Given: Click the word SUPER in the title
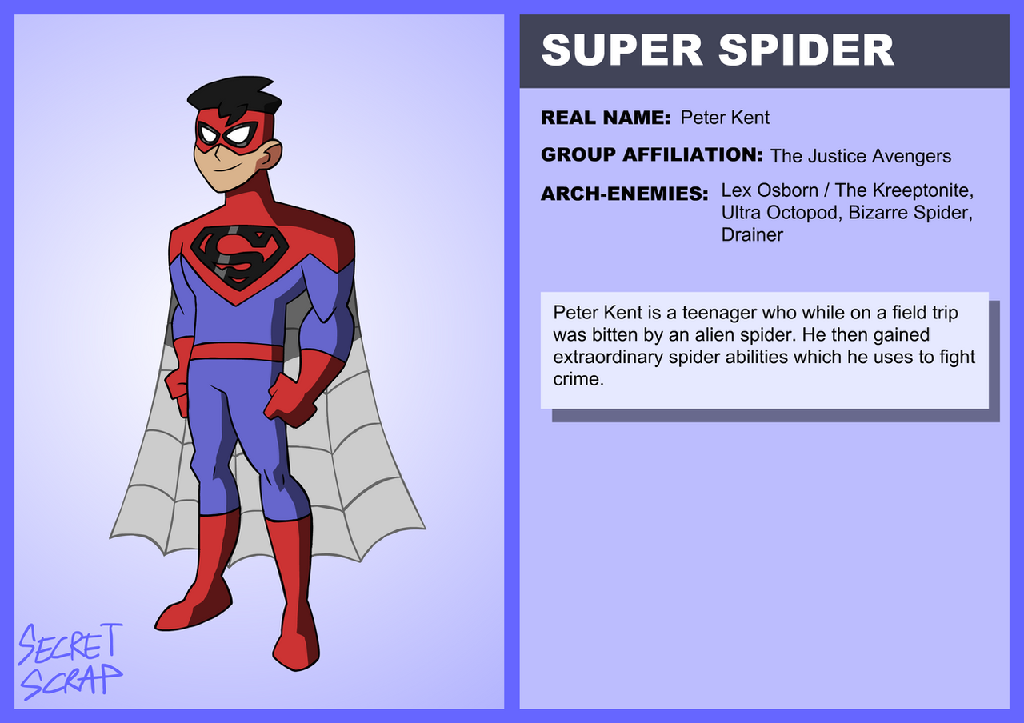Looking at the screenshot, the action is point(622,50).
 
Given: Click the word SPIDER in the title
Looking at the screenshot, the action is point(806,50).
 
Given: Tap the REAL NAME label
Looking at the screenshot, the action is point(606,118).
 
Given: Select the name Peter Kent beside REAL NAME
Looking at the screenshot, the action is point(725,118).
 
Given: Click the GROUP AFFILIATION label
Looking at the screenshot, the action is point(652,154).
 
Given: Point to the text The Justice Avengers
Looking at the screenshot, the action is point(861,156).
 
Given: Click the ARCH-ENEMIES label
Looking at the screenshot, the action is point(625,194).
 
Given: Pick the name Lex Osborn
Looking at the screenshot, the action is point(770,190).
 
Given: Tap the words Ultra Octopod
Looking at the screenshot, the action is point(780,213).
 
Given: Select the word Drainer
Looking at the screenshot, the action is point(752,235).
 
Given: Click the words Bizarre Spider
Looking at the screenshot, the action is point(909,213).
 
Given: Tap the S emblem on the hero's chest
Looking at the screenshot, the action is point(239,258).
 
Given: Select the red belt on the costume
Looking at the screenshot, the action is point(237,352).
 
